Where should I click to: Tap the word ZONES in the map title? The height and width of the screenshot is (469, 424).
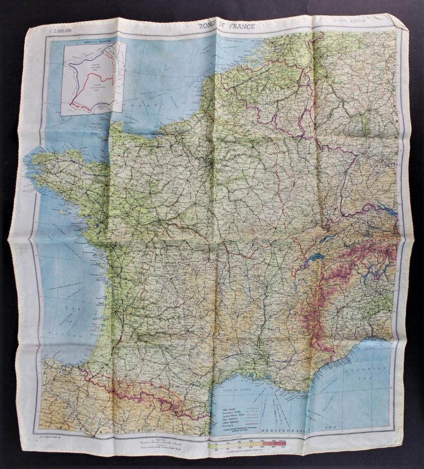click(x=209, y=25)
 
